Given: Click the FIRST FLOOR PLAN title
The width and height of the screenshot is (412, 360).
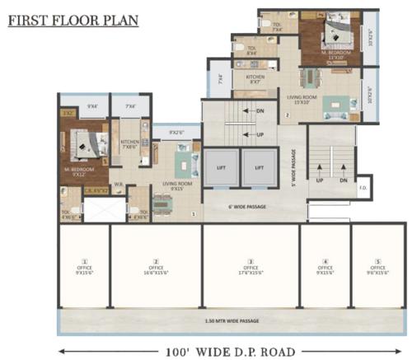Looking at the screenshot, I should point(73,20).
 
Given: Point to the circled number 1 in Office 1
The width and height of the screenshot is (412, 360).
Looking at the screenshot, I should point(82,261).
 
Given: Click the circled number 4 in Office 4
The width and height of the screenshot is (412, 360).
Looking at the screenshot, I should point(325,261).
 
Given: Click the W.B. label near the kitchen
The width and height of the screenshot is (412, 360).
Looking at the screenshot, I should point(119,184).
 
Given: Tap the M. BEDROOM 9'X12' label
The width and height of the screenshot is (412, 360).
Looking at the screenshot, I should point(79,171).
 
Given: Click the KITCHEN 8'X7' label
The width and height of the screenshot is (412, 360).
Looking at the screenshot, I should point(255,80).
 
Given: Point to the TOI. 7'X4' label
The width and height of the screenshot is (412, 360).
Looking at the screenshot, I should point(278,27).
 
